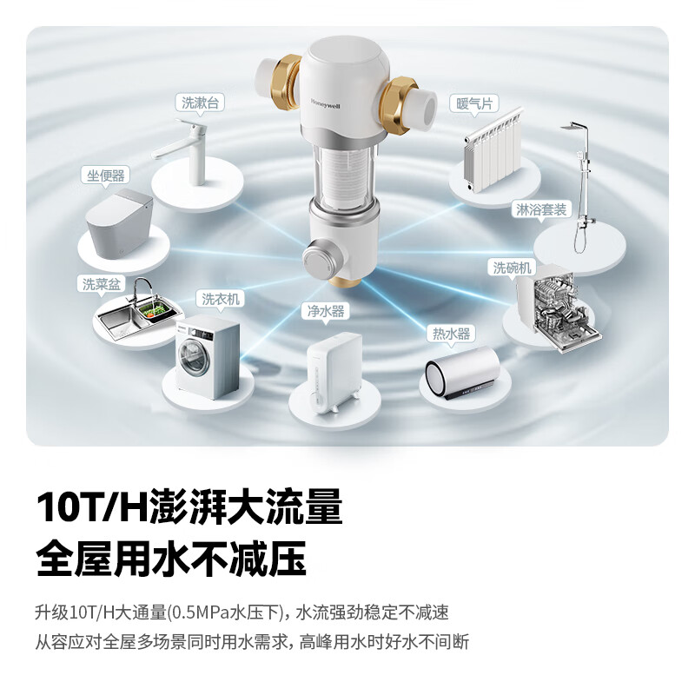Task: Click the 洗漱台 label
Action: click(201, 103)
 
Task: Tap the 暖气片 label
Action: click(474, 103)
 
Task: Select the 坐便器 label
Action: click(105, 175)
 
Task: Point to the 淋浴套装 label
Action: click(541, 209)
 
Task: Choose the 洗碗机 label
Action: click(512, 268)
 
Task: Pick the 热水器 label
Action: click(451, 334)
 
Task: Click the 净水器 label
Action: click(326, 311)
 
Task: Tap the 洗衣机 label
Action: click(221, 299)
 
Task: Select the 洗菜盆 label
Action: click(102, 284)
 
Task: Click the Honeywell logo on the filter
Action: click(325, 103)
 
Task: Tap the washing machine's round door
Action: click(194, 357)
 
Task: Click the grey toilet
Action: click(119, 225)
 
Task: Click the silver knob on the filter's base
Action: click(319, 258)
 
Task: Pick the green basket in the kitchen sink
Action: click(156, 310)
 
